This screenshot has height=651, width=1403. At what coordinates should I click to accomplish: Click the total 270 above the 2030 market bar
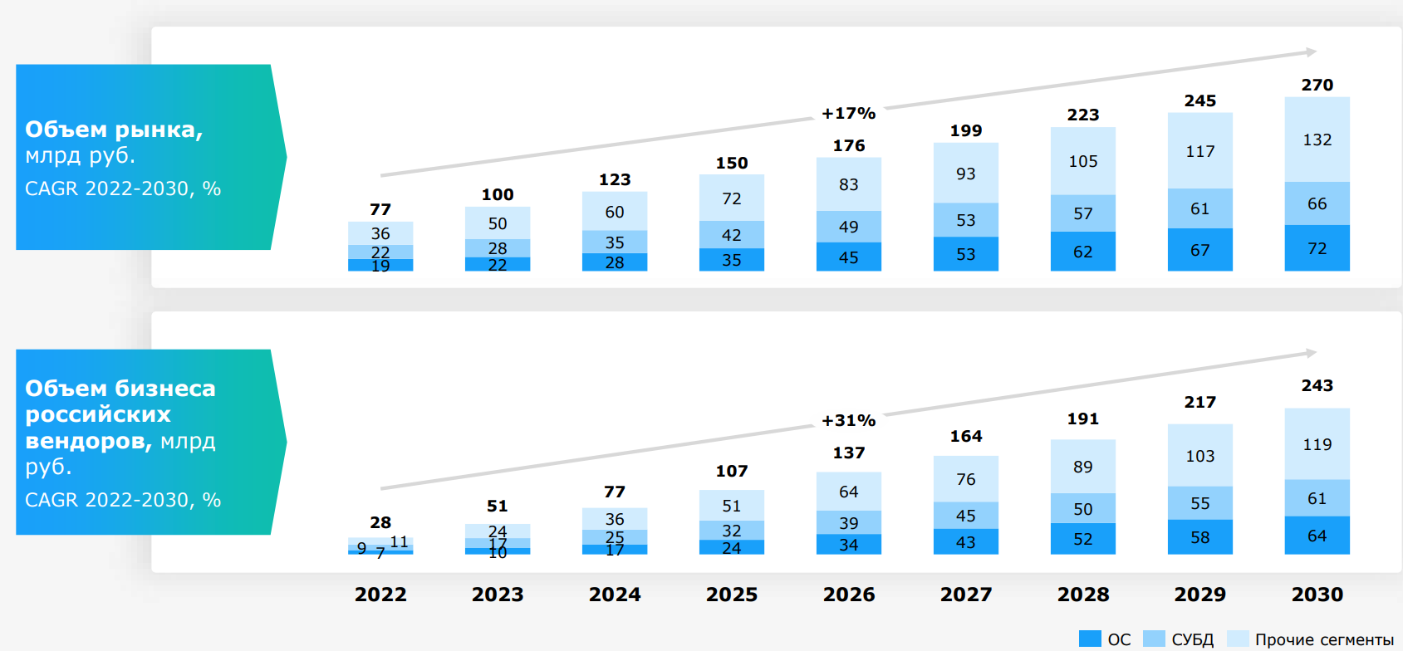pos(1317,85)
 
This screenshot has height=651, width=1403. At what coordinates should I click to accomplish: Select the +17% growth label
pos(848,113)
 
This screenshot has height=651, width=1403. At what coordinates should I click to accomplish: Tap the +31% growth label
pos(848,420)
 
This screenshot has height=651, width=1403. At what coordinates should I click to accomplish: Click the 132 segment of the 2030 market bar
pos(1317,139)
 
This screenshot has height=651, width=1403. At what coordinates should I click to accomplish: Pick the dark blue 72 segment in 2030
pos(1317,248)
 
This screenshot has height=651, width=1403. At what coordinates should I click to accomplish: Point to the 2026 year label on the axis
pos(848,595)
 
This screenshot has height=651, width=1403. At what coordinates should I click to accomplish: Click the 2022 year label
pos(380,595)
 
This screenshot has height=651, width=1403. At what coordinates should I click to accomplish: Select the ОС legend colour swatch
pos(1089,639)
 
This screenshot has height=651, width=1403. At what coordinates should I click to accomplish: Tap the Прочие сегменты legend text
pos(1324,639)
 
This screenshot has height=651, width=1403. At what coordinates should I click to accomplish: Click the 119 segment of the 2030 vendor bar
pos(1317,444)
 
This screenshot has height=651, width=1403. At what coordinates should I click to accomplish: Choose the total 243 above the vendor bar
pos(1317,385)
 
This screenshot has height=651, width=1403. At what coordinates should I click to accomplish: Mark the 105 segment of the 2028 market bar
pos(1082,161)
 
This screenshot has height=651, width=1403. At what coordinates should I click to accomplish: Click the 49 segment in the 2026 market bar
pos(848,227)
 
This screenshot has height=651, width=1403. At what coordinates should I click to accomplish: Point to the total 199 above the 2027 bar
pos(965,130)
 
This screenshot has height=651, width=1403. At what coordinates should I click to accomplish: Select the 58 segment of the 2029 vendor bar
pos(1199,537)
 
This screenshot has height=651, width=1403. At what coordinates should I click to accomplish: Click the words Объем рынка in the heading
pos(114,130)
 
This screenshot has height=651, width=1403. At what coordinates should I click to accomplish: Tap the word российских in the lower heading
pos(98,414)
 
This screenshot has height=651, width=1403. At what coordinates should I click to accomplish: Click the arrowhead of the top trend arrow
pos(1311,52)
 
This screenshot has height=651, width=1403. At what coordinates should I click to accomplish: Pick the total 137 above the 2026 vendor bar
pos(848,453)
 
